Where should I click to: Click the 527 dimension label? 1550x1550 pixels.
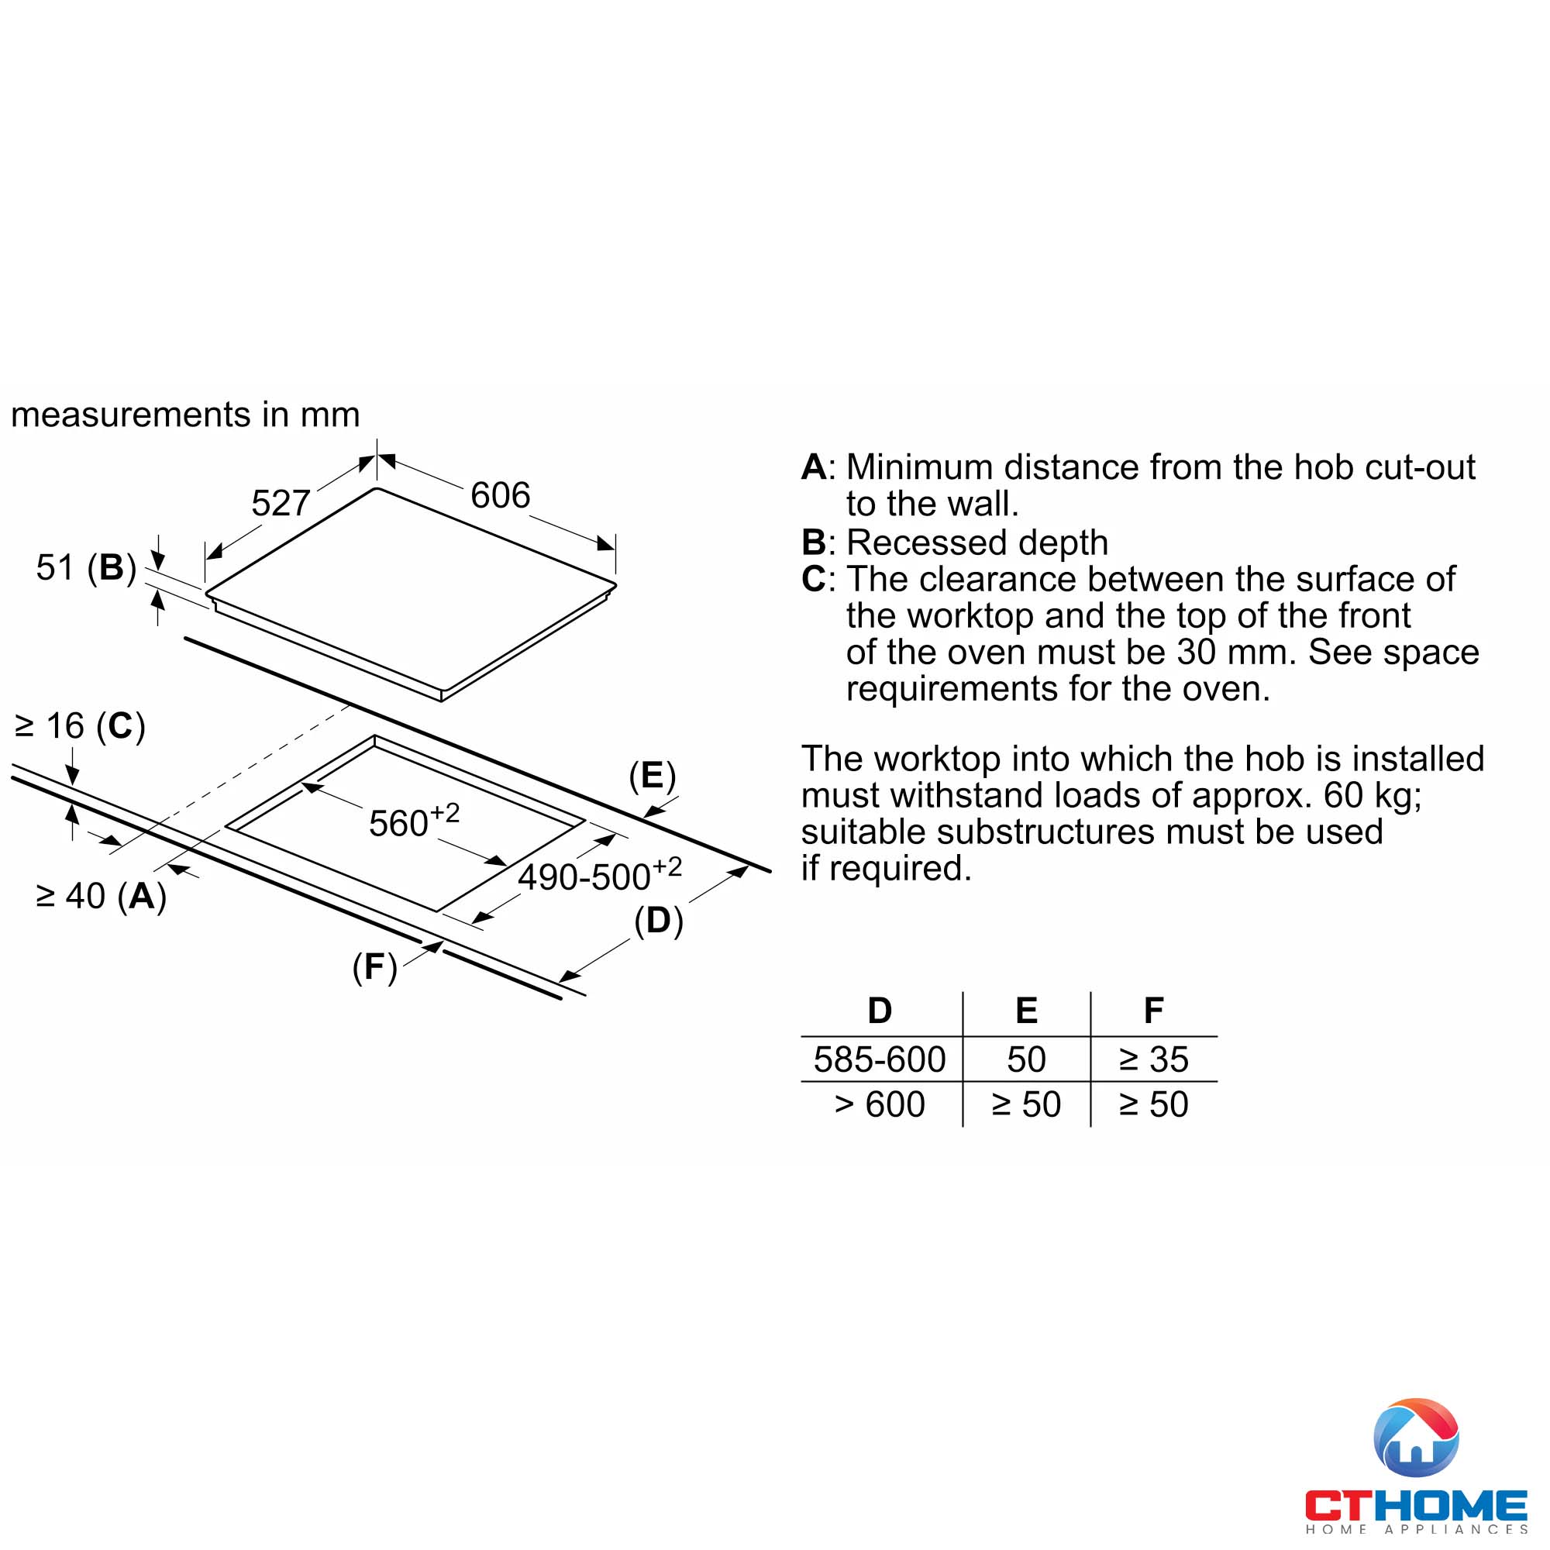tap(280, 504)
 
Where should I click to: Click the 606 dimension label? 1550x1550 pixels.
tap(500, 496)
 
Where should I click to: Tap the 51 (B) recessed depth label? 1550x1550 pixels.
tap(86, 567)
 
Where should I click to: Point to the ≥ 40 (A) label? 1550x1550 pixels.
tap(101, 896)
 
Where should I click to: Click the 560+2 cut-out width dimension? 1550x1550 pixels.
tap(414, 821)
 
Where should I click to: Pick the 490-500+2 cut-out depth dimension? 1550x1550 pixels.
tap(599, 875)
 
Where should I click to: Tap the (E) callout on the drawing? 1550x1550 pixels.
tap(653, 776)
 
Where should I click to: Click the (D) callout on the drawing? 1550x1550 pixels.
tap(658, 921)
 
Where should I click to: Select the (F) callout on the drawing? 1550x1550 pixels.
tap(374, 967)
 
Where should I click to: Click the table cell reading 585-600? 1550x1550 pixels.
tap(880, 1059)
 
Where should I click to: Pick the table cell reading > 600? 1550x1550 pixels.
tap(880, 1104)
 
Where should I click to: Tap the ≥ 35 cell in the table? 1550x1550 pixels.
tap(1153, 1059)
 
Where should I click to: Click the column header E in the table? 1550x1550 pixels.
tap(1026, 1011)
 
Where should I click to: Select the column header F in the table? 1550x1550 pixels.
tap(1153, 1011)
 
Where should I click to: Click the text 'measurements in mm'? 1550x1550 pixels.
tap(185, 415)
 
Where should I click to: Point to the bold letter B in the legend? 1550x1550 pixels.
tap(814, 542)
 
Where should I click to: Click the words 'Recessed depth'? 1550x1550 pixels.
tap(977, 542)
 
